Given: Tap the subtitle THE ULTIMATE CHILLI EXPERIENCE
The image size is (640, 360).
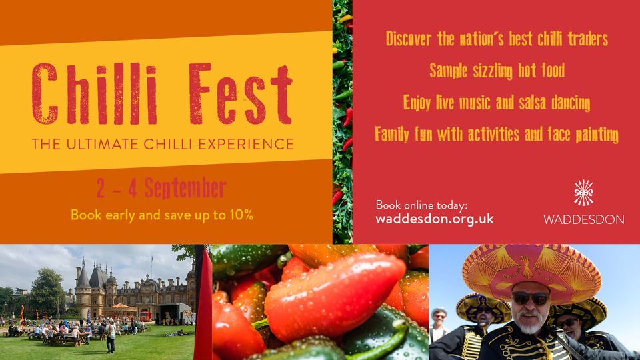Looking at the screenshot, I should pos(163,144).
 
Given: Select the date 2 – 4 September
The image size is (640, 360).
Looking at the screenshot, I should pos(161,189).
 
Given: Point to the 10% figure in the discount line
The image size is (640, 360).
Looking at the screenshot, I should pos(241,215).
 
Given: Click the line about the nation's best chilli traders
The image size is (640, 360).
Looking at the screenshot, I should pos(497,39).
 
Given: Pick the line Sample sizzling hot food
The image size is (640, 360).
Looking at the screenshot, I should pos(497,70).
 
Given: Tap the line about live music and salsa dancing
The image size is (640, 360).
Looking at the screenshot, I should pos(497,103).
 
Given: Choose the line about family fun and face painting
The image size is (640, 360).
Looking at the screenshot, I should pos(497,134).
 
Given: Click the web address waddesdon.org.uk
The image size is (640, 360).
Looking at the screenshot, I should pos(435,218).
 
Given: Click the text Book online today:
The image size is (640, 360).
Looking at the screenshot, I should pos(421,205).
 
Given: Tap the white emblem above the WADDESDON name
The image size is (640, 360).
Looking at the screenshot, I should pos(584,194).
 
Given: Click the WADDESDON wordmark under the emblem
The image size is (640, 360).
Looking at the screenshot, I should pos(584,219).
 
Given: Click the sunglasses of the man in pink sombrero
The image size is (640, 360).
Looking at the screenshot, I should pos(531,299).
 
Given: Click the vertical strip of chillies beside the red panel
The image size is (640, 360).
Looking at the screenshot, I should pos(342,120).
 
